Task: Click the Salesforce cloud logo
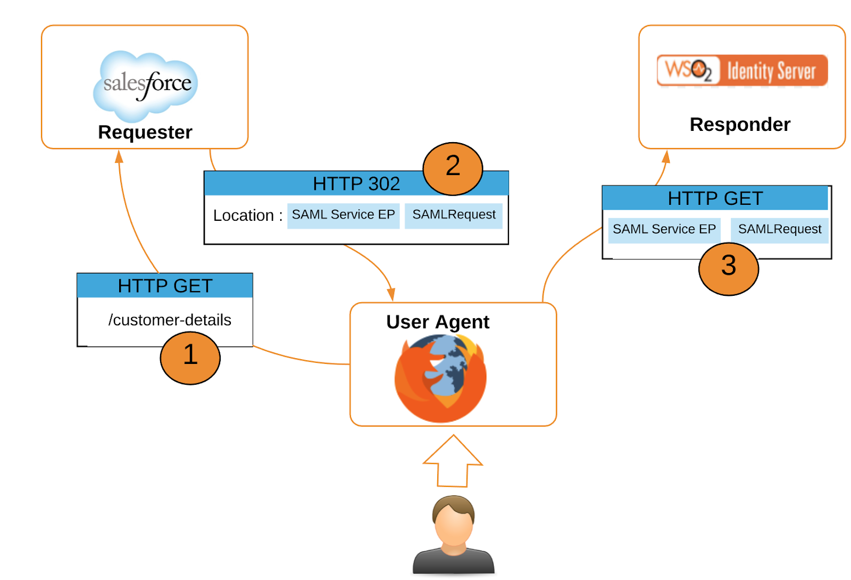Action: [x=146, y=85]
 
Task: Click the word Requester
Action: [x=145, y=132]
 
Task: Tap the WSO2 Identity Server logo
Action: [x=742, y=70]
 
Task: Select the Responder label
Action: [x=739, y=125]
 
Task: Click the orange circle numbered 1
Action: [x=190, y=358]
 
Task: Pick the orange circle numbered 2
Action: [x=453, y=168]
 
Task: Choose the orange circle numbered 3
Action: [x=728, y=268]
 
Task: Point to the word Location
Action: [x=243, y=216]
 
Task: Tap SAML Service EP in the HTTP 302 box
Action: [x=343, y=215]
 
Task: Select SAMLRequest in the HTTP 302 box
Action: [x=454, y=215]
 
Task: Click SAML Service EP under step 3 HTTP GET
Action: [x=664, y=229]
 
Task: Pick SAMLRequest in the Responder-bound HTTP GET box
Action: [x=779, y=229]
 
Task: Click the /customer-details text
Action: [x=170, y=320]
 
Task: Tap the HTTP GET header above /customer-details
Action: [x=165, y=286]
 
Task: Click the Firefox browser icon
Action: [x=440, y=378]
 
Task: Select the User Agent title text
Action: [x=437, y=322]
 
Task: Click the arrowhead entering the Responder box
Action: [x=666, y=156]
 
